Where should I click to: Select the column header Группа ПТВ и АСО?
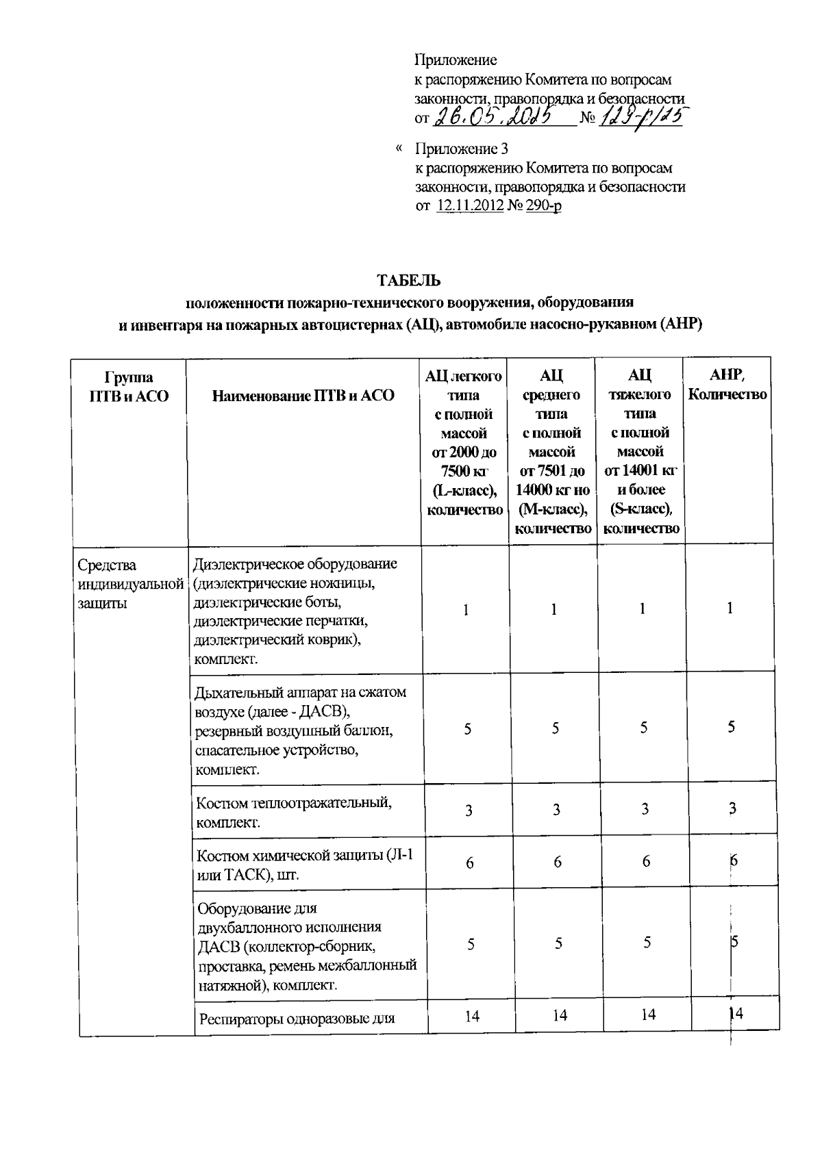point(129,387)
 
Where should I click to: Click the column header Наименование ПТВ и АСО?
point(303,396)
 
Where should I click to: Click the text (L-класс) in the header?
point(464,490)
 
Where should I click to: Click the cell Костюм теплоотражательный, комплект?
point(294,812)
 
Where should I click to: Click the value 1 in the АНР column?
point(730,608)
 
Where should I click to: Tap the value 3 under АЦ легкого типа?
point(469,811)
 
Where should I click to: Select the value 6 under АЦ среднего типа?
point(557,863)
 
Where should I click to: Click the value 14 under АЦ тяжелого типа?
point(647,1015)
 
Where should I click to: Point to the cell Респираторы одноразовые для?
point(297,1019)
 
